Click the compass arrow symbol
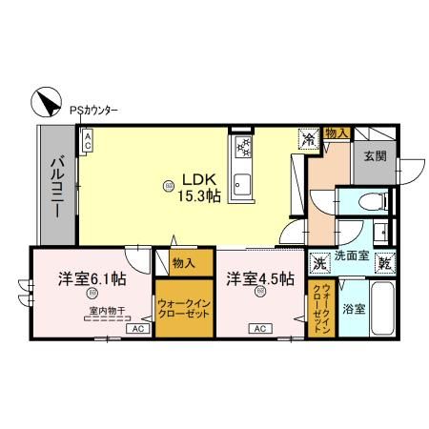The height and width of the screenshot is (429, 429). pyautogui.click(x=46, y=100)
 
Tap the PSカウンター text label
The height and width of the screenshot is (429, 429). pyautogui.click(x=93, y=111)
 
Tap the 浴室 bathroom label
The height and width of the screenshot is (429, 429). pyautogui.click(x=353, y=309)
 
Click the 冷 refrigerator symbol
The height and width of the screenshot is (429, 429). pyautogui.click(x=310, y=140)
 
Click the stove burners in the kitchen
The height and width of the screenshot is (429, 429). pyautogui.click(x=242, y=148)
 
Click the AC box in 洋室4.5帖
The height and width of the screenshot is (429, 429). pyautogui.click(x=257, y=329)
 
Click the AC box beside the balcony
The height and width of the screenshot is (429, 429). pyautogui.click(x=87, y=142)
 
